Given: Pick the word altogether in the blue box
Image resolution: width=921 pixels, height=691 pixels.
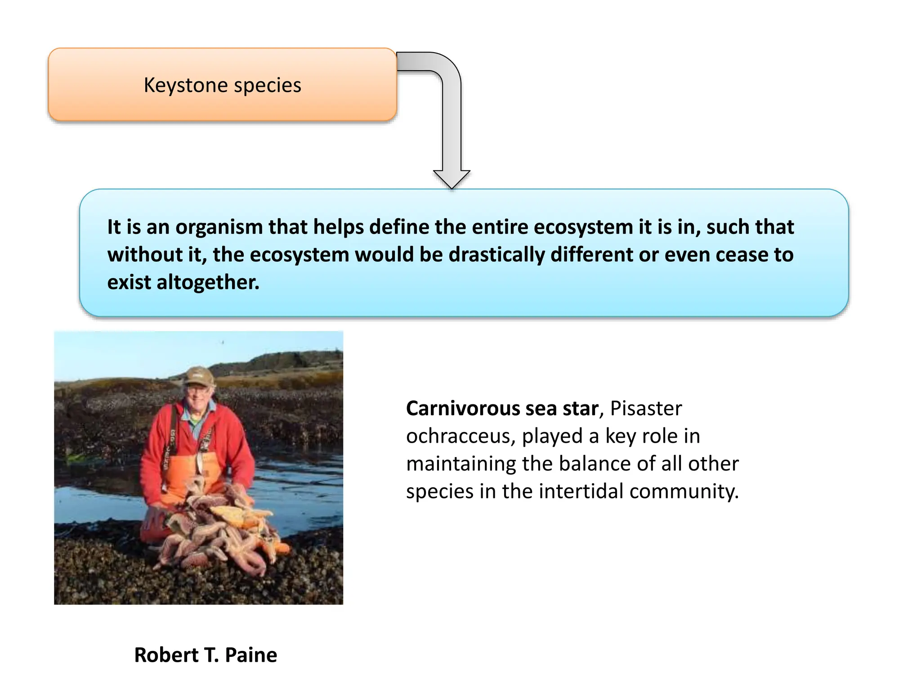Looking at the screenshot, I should coord(208,283).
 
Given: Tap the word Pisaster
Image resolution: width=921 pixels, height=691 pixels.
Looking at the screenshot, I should coord(646,408).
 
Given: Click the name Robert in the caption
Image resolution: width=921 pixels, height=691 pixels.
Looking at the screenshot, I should coord(166,655).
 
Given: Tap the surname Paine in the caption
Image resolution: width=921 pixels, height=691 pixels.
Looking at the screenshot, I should coord(251,655).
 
